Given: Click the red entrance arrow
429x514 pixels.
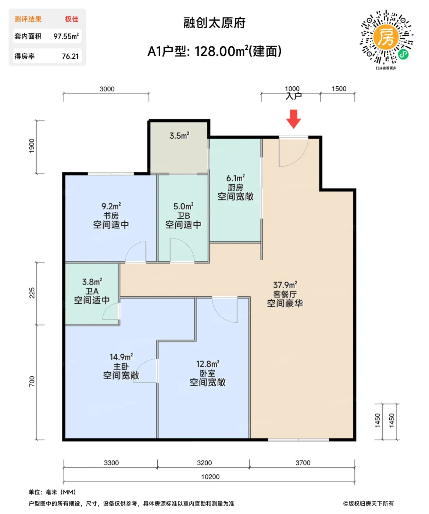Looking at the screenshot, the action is coord(293,119).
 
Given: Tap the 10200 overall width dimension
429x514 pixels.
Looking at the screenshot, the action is coord(210,477).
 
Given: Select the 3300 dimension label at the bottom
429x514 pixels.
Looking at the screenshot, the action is coord(111,463).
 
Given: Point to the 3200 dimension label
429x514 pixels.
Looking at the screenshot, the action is coord(204,463).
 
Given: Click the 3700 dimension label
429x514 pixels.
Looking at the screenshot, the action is coord(303,463).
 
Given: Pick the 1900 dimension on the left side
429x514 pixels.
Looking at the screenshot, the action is coord(32,146).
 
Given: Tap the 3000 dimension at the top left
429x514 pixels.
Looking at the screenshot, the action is coord(107,89).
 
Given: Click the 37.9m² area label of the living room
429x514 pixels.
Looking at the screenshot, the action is coord(285,285).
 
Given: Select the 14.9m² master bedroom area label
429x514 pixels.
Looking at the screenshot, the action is coord(121,357).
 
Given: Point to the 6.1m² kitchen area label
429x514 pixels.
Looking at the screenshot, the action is coord(236,178).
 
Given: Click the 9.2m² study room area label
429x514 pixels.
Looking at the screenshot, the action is coord(111,206).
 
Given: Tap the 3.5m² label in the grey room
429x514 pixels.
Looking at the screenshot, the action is coord(179,135).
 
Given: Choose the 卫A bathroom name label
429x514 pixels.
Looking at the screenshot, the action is coord(92,291).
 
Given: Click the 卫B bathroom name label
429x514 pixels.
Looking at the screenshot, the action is coord(183,216).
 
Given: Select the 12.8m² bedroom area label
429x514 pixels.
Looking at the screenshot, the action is coord(208,363).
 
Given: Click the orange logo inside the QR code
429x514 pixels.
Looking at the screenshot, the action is coord(386,37).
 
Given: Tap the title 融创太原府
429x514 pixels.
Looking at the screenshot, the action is coord(214,23).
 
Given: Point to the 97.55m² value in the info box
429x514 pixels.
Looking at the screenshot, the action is coord(66,36).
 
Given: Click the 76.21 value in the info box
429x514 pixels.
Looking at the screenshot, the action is coord(70,57).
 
